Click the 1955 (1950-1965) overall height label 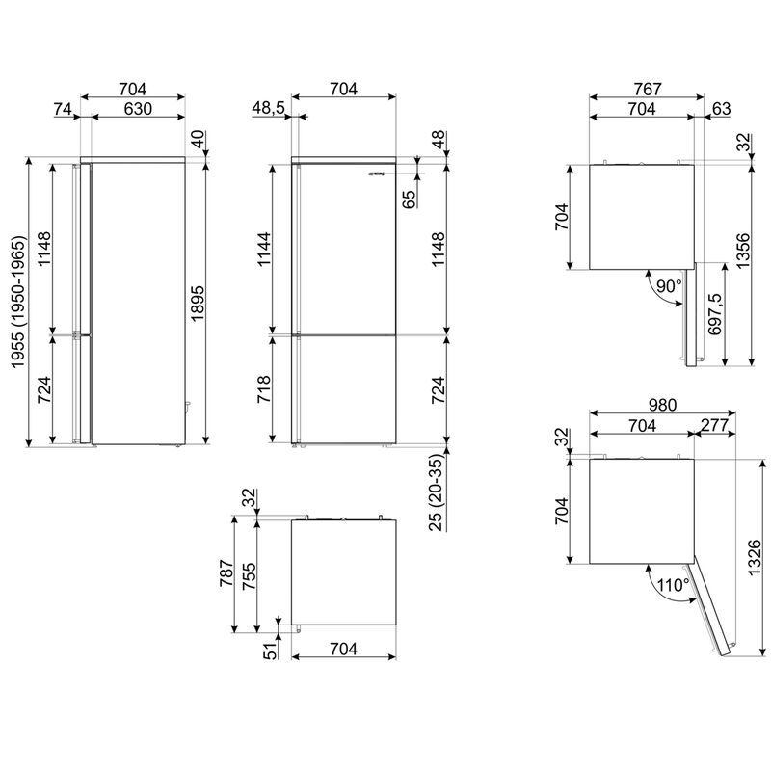coord(17,303)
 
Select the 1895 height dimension coord(198,304)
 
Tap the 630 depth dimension coord(138,109)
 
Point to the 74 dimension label coord(63,109)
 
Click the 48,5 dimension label coord(268,108)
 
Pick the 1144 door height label coord(264,250)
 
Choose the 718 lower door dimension coord(264,389)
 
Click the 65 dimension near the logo coord(409,199)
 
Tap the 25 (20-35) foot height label coord(437,492)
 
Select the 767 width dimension coord(648,89)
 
